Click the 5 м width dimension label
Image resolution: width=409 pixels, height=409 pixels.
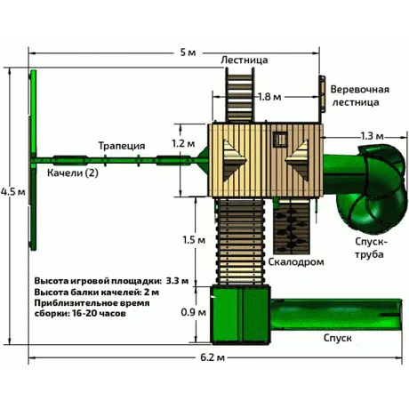click(x=188, y=52)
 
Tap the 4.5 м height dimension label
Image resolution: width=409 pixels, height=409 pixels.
click(x=13, y=191)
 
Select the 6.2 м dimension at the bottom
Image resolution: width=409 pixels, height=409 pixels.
click(x=213, y=357)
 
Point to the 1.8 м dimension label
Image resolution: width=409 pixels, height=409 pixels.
click(x=269, y=97)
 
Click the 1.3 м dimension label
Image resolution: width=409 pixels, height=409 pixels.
click(x=372, y=136)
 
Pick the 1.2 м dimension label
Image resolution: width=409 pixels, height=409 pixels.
click(x=183, y=143)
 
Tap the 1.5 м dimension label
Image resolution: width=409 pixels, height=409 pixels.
click(x=194, y=239)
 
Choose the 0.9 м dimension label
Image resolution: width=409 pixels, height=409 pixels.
click(x=194, y=312)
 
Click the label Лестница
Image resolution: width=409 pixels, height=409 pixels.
click(x=245, y=60)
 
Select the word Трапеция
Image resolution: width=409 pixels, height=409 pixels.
click(x=122, y=146)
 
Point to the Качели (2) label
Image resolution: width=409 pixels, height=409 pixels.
click(x=73, y=172)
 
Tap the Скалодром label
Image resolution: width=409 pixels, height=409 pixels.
click(x=296, y=262)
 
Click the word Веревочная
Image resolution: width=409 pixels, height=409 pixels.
click(x=360, y=90)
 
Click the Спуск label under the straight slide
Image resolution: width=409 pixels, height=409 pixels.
click(x=338, y=338)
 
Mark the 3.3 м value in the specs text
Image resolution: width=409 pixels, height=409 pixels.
click(x=177, y=280)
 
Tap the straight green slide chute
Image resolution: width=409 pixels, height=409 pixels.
click(x=336, y=314)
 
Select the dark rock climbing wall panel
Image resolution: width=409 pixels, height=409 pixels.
click(x=292, y=227)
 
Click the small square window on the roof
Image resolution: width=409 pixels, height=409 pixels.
click(x=280, y=139)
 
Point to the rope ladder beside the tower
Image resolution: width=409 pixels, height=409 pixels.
click(x=322, y=94)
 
